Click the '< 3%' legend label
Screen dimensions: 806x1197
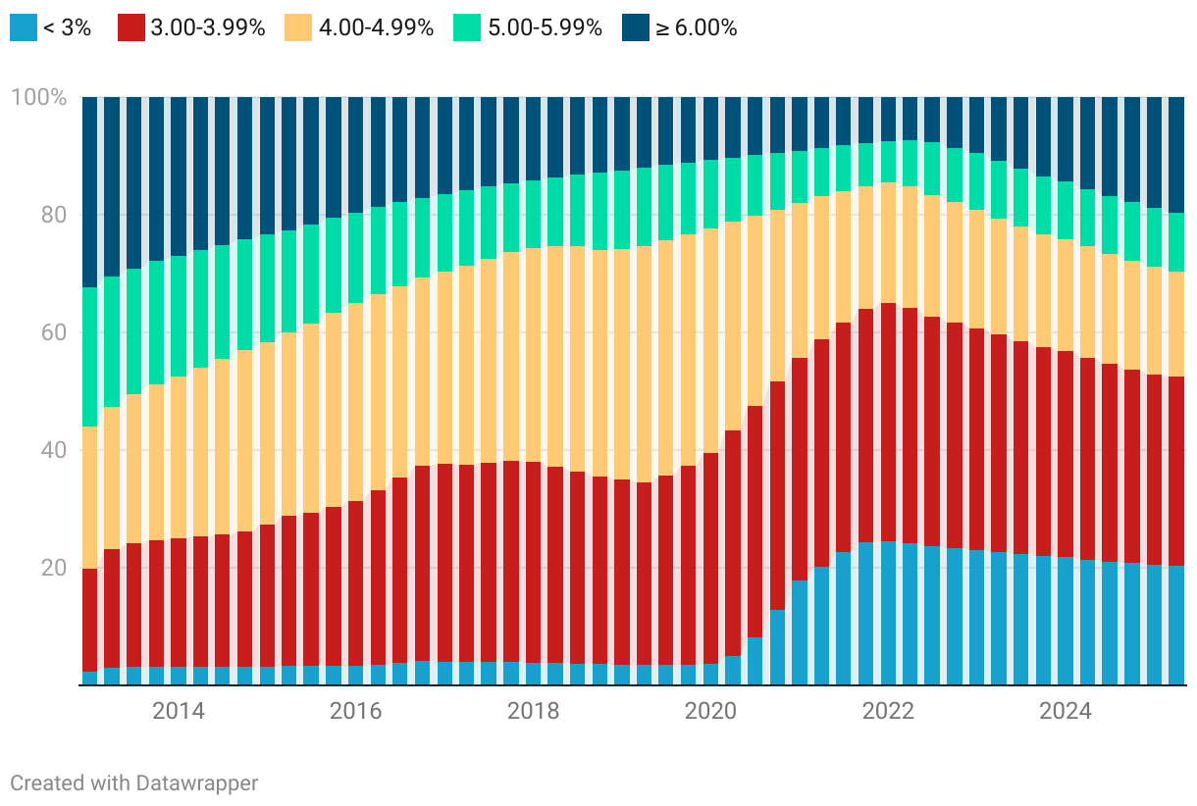tap(68, 27)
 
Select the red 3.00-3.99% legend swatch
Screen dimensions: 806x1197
tap(130, 27)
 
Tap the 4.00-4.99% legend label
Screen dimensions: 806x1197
tap(376, 27)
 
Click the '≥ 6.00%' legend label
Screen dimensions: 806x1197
tap(696, 27)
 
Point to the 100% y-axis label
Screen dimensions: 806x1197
tap(38, 98)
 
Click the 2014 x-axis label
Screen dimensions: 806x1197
tap(179, 711)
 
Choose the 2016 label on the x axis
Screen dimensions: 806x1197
tap(356, 711)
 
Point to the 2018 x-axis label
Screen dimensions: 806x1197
tap(534, 711)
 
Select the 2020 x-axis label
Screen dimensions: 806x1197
tap(710, 711)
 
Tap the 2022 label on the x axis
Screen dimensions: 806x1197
tap(888, 711)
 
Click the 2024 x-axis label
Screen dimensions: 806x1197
tap(1066, 711)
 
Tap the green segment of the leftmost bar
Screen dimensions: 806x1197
tap(89, 357)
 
